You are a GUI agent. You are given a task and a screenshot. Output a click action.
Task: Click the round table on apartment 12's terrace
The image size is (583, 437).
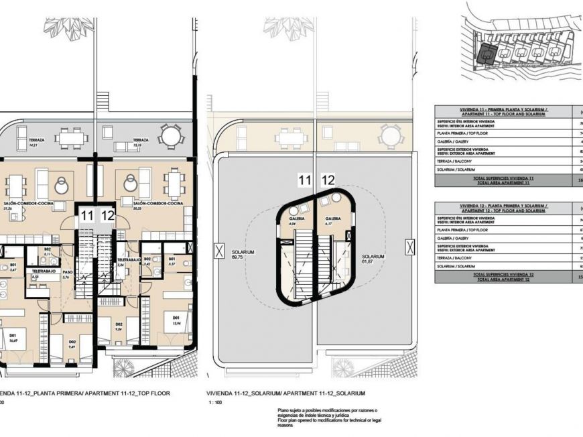point(172,137)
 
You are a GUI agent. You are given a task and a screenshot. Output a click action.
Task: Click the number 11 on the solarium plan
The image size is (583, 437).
point(305,180)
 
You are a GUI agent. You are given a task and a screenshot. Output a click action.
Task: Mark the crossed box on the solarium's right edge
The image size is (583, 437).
point(409,247)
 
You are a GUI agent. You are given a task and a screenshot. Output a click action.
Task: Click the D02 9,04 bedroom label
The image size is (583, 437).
point(119,326)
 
